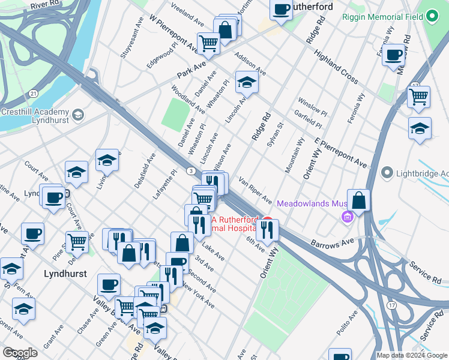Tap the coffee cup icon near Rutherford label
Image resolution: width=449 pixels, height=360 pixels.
pyautogui.click(x=281, y=10)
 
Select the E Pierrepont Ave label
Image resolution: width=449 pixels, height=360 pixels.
pyautogui.click(x=340, y=152)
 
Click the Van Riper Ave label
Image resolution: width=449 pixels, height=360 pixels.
pyautogui.click(x=255, y=188)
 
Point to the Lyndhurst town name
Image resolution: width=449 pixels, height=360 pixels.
pyautogui.click(x=65, y=274)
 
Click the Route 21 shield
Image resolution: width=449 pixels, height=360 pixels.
pyautogui.click(x=34, y=94)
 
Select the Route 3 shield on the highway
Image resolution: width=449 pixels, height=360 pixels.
pyautogui.click(x=189, y=171)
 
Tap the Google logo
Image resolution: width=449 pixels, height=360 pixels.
pyautogui.click(x=20, y=353)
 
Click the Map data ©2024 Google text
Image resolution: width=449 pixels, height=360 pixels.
pyautogui.click(x=411, y=355)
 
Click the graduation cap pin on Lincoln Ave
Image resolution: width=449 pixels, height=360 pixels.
pyautogui.click(x=246, y=83)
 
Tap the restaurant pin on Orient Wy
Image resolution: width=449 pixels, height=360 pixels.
pyautogui.click(x=267, y=228)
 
